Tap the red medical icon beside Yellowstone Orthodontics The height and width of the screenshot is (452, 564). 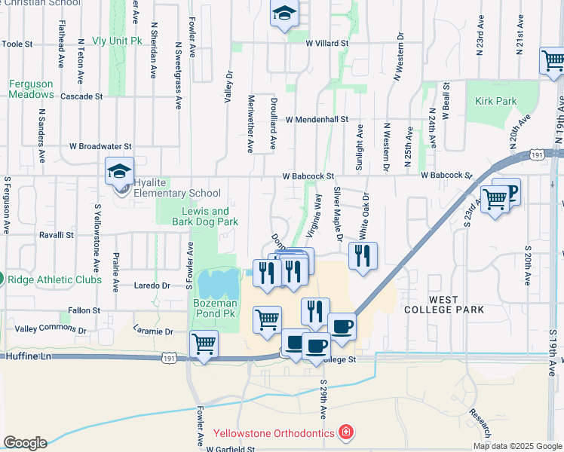coord(345,433)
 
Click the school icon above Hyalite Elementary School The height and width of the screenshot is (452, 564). coord(119,172)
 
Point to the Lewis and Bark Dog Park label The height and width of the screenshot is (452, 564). coord(205,217)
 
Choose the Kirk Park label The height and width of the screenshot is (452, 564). coord(496,101)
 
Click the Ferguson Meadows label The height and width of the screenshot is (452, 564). coord(32,90)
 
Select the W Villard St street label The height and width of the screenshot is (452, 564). coord(327,44)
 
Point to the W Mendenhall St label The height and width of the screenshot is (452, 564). coord(317,119)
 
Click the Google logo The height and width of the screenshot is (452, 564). coord(25,443)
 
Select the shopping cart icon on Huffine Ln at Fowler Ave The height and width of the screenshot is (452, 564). coord(204,344)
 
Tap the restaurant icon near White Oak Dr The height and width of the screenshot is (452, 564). coord(363,257)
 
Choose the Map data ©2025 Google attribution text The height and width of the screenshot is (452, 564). coord(516,446)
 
